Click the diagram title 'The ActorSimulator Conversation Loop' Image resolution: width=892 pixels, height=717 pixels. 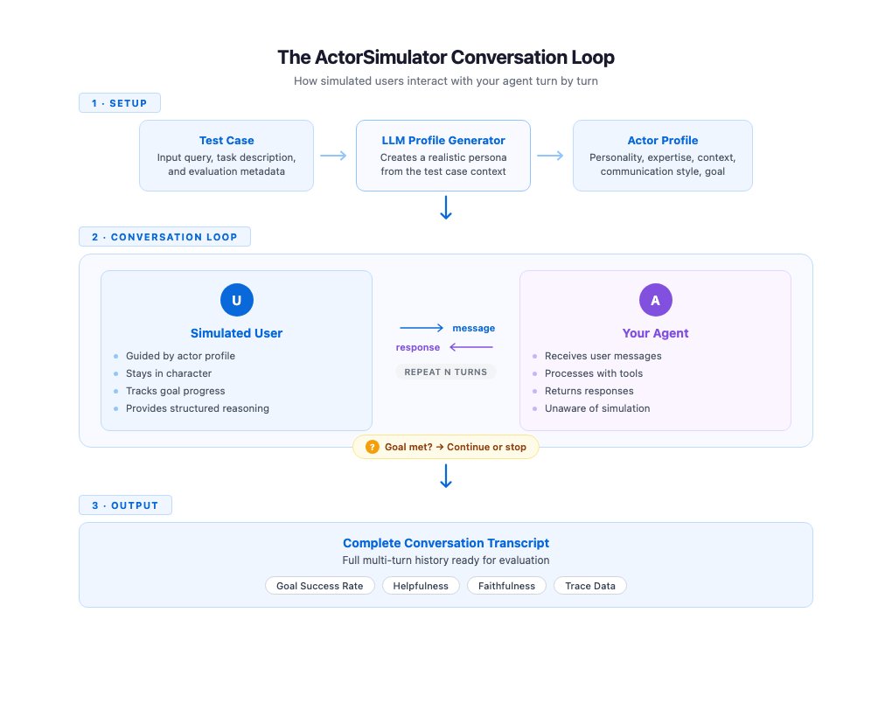(446, 58)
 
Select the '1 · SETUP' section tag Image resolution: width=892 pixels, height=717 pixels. (120, 103)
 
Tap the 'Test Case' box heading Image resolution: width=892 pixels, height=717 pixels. (226, 140)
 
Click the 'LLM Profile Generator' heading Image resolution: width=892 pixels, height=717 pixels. (443, 140)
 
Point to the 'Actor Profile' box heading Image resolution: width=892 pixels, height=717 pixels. (663, 140)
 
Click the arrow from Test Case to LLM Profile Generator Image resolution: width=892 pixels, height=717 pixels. (334, 156)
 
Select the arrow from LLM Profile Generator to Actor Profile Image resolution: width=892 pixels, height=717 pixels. (551, 156)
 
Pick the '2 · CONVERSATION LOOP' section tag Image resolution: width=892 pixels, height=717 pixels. (164, 237)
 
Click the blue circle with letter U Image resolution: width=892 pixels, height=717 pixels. (236, 300)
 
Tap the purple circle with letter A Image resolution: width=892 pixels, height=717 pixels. (656, 300)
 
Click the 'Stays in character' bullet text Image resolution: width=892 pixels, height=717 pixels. (168, 373)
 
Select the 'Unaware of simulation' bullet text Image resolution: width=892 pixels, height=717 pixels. (597, 408)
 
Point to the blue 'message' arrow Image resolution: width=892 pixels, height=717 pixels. (422, 328)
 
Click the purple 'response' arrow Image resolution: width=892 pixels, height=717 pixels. (471, 347)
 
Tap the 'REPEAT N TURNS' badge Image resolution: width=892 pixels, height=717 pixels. (446, 372)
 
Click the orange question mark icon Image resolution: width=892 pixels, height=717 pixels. (373, 447)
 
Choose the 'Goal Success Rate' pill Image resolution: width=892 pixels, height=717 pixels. (319, 586)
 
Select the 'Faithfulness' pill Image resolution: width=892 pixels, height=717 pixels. (506, 586)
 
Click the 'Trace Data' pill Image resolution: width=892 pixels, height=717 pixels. (590, 586)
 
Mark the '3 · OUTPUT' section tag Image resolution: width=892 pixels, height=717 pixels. (125, 505)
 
